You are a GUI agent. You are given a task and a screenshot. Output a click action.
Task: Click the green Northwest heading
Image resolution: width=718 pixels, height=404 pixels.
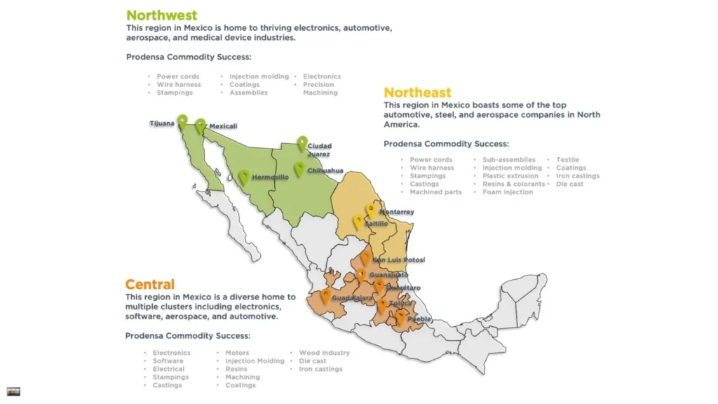[x=161, y=15]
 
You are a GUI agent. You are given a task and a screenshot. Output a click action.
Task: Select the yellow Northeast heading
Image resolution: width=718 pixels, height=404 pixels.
[x=417, y=93]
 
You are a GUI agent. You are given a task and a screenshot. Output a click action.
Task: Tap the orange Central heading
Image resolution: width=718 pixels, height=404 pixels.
[x=149, y=285]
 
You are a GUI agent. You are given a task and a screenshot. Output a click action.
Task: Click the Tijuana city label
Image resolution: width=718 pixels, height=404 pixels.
[x=162, y=124]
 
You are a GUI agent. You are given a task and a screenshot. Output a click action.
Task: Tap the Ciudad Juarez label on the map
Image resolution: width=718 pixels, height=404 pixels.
[x=320, y=149]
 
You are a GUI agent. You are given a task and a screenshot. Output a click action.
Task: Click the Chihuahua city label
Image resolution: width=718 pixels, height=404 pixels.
[x=325, y=170]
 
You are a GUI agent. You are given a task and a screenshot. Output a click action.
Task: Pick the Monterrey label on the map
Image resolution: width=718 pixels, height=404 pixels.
[x=397, y=212]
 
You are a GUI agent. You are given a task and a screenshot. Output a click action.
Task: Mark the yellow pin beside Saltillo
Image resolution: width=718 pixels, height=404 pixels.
[x=358, y=222]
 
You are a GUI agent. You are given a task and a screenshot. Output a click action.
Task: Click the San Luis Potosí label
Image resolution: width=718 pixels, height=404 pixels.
[x=398, y=260]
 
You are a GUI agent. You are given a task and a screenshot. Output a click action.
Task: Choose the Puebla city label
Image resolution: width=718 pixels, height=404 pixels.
[x=419, y=319]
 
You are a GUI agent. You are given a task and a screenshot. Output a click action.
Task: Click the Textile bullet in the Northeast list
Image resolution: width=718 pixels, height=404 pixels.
[x=567, y=160]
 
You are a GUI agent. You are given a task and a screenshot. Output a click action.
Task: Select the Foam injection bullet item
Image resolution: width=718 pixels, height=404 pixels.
[x=508, y=192]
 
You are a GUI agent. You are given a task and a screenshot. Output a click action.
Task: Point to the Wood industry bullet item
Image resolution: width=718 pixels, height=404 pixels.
[x=324, y=353]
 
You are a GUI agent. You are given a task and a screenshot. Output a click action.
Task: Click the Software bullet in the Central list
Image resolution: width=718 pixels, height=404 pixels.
[x=168, y=361]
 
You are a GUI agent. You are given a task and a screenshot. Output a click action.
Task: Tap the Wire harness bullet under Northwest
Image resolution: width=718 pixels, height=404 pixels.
[x=178, y=85]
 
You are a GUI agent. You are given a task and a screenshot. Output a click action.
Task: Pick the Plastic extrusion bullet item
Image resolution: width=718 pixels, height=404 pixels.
[x=510, y=176]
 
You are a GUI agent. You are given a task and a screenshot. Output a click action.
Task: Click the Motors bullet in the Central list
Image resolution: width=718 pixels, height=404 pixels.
[x=237, y=353]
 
